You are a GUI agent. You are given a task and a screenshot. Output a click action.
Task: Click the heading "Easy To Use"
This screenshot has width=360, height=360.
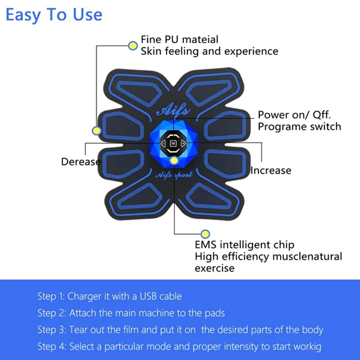click(x=54, y=15)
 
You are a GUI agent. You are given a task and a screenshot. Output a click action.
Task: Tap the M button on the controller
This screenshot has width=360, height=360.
click(x=173, y=144)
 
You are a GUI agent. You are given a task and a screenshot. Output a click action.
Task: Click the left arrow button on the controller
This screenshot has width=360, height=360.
click(x=163, y=144)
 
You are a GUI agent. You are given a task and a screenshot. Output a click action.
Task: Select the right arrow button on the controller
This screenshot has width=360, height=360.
click(x=183, y=144)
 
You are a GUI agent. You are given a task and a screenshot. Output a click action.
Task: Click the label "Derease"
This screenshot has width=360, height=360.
click(x=81, y=162)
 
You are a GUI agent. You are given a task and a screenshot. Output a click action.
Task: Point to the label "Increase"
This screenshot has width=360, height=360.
click(x=271, y=171)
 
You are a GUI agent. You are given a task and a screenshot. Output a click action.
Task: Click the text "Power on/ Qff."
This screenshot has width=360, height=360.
click(x=294, y=115)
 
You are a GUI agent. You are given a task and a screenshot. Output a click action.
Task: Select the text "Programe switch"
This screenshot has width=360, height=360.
click(x=299, y=127)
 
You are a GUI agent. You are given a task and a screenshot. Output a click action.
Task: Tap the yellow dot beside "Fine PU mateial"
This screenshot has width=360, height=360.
click(x=133, y=46)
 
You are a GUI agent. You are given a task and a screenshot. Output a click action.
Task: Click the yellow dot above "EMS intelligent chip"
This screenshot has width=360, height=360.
click(x=205, y=234)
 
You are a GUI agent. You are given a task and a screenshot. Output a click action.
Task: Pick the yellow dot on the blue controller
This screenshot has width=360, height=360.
click(x=174, y=161)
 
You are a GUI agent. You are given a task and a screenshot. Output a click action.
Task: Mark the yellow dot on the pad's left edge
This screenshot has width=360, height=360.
click(x=97, y=130)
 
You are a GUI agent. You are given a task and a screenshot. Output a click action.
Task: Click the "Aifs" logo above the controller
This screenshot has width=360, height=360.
click(x=174, y=110)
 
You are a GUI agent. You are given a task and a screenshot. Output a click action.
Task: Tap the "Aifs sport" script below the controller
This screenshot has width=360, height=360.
click(x=174, y=175)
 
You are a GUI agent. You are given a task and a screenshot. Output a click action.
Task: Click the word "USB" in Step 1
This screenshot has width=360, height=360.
click(x=148, y=296)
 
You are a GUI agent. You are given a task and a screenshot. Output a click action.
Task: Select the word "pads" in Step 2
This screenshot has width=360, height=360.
click(x=215, y=313)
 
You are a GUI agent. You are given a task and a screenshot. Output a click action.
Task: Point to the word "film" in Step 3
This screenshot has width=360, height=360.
click(x=131, y=330)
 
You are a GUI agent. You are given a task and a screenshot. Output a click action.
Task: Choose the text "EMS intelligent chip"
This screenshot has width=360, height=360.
click(x=244, y=245)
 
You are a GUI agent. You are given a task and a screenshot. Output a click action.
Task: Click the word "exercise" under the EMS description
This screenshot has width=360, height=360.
click(x=215, y=268)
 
